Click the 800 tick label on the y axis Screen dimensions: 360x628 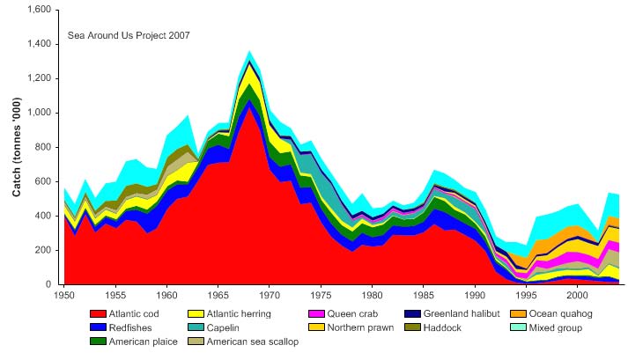[x=44, y=147]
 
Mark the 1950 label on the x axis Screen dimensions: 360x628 [x=63, y=290]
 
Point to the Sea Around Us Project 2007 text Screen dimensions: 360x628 [x=129, y=36]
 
